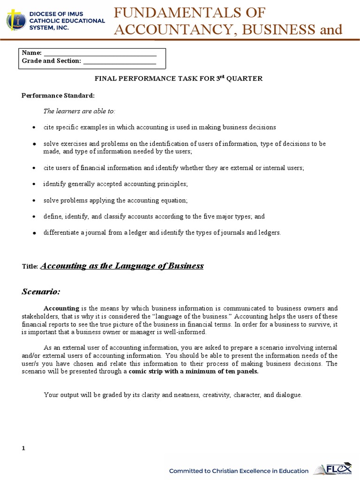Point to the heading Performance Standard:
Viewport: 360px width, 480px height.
tap(58, 96)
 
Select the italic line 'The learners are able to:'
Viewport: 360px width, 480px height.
tap(79, 111)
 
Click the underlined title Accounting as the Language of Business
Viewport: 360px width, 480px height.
tap(122, 266)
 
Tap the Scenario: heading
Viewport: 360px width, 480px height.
tap(41, 292)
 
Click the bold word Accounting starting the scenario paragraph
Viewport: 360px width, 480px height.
tap(61, 308)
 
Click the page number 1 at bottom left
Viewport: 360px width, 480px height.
tap(23, 449)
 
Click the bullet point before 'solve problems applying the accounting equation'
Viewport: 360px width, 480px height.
tap(34, 201)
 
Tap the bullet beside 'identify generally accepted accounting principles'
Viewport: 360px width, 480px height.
tap(34, 184)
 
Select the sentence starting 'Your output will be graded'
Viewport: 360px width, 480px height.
tap(173, 395)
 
